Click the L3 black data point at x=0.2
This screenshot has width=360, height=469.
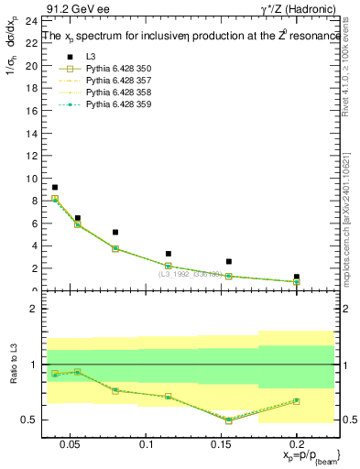[x=296, y=277]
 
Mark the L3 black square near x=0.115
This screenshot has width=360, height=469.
[x=169, y=254]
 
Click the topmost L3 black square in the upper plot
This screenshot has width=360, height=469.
[x=55, y=187]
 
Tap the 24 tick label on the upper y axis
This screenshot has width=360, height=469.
[x=30, y=20]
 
